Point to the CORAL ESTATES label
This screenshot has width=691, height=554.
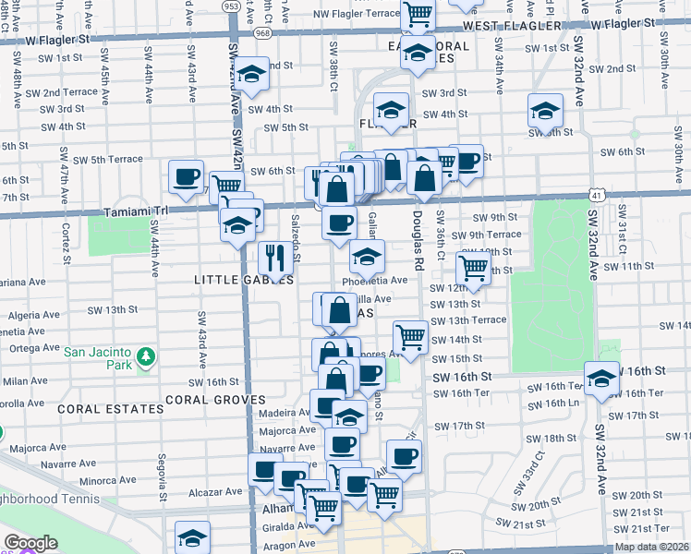97,407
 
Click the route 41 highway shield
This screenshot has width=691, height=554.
598,195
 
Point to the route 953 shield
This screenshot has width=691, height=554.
230,6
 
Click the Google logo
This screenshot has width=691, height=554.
30,543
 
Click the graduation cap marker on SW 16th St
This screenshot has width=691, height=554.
601,379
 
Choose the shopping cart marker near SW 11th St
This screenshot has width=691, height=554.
473,269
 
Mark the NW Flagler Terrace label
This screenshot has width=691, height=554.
356,14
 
